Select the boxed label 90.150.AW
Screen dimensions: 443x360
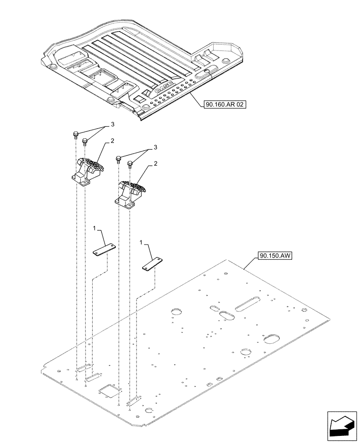272,256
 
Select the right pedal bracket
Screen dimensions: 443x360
132,193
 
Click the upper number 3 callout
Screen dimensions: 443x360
113,124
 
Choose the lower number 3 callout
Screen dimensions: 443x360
156,147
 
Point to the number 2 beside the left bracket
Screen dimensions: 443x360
113,141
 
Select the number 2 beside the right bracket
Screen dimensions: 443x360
156,163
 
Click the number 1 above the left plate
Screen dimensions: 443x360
94,228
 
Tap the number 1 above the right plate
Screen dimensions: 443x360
142,243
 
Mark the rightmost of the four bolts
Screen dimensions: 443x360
130,165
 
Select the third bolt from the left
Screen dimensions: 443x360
118,159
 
